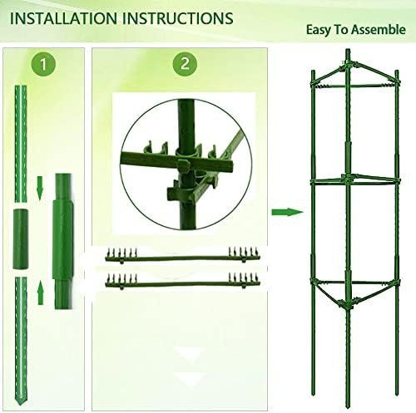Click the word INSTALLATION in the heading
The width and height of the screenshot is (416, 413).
pos(63,18)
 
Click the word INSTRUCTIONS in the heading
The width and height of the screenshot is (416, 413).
pos(178,18)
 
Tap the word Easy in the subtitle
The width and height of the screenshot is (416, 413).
pos(319,30)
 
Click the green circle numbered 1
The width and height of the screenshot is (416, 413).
pos(43,64)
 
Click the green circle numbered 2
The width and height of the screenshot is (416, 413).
pos(185,64)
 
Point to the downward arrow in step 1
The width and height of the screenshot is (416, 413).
pos(41,188)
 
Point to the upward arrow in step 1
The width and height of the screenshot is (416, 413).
pos(41,293)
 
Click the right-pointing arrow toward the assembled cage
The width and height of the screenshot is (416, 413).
pos(287,213)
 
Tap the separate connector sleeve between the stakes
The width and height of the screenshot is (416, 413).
pos(21,239)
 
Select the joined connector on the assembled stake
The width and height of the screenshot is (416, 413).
pos(63,239)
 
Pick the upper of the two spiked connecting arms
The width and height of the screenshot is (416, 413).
pos(182,256)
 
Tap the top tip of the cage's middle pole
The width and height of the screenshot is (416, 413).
pos(348,50)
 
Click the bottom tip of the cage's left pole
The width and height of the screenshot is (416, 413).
pos(314,394)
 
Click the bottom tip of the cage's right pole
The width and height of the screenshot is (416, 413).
pos(397,394)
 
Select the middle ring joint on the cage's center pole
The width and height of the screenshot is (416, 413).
pos(347,178)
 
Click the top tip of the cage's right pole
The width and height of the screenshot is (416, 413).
pos(397,71)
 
